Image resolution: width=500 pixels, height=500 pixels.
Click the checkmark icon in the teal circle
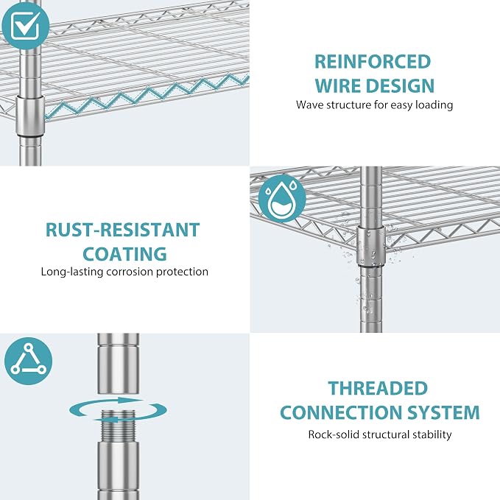[26, 25]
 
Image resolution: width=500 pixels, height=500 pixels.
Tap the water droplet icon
[282, 198]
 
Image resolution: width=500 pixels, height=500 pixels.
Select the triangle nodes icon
[29, 361]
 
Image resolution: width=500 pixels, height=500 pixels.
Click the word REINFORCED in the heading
[373, 62]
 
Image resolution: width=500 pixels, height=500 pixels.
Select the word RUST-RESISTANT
[123, 230]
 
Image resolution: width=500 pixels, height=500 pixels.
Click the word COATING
[124, 254]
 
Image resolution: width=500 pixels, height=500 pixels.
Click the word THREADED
[378, 388]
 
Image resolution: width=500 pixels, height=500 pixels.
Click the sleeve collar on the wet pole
[371, 245]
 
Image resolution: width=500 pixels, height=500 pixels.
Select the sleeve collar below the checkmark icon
[30, 116]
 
